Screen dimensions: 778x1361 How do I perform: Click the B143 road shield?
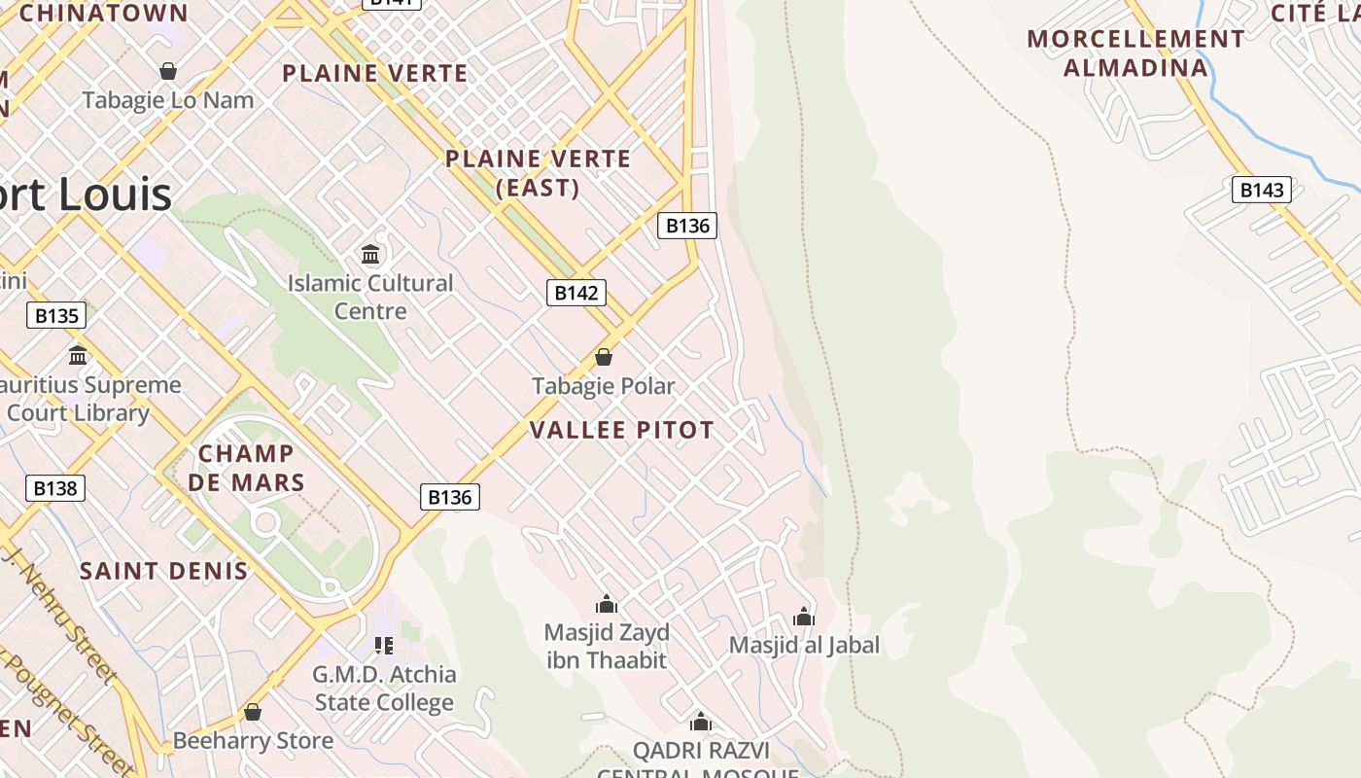[x=1262, y=190]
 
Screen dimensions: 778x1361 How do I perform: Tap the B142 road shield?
[x=576, y=293]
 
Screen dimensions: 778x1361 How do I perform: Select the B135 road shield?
[x=55, y=315]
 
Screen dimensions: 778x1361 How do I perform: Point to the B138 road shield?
[x=54, y=488]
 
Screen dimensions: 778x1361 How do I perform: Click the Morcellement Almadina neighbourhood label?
[x=1135, y=53]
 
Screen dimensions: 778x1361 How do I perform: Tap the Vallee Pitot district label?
[x=622, y=430]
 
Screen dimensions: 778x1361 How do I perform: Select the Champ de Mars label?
[x=246, y=468]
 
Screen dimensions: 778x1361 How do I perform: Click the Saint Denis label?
[x=164, y=571]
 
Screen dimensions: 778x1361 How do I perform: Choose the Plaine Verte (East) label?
[x=539, y=173]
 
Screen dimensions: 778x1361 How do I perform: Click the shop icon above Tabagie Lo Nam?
[x=168, y=71]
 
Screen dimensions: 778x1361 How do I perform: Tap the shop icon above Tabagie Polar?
[x=603, y=357]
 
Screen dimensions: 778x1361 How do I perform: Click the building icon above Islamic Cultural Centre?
[x=370, y=255]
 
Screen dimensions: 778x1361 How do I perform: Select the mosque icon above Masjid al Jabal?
[x=803, y=617]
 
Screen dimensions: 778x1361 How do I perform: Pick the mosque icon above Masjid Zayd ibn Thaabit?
[x=607, y=604]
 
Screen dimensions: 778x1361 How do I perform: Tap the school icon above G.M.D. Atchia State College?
[x=384, y=645]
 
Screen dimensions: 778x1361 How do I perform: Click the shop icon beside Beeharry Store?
[x=253, y=713]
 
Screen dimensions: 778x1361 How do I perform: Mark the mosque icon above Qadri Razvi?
[x=700, y=722]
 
